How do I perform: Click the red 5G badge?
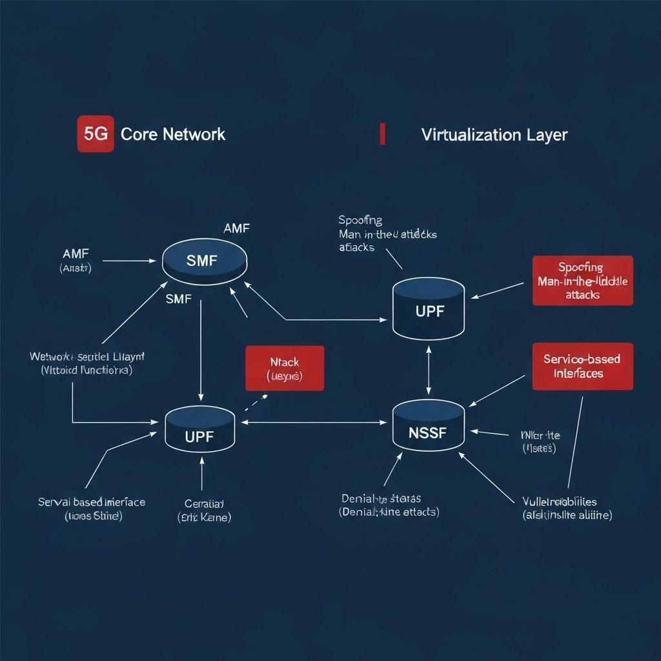pyautogui.click(x=96, y=134)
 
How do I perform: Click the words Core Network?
pyautogui.click(x=173, y=134)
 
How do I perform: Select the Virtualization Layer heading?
pyautogui.click(x=494, y=135)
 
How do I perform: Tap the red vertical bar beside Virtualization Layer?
pyautogui.click(x=383, y=134)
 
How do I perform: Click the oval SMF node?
pyautogui.click(x=205, y=261)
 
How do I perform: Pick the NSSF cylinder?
pyautogui.click(x=429, y=426)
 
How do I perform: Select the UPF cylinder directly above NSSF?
pyautogui.click(x=429, y=309)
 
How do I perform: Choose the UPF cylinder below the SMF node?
pyautogui.click(x=199, y=429)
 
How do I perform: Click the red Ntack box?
pyautogui.click(x=285, y=369)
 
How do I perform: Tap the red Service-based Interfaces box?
pyautogui.click(x=582, y=366)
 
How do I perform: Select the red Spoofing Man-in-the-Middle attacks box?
pyautogui.click(x=582, y=280)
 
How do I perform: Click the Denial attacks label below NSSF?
pyautogui.click(x=389, y=505)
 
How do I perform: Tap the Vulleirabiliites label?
pyautogui.click(x=568, y=507)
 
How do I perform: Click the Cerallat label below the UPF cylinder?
pyautogui.click(x=204, y=510)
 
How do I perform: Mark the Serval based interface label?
pyautogui.click(x=92, y=509)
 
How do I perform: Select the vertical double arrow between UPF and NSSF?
pyautogui.click(x=429, y=370)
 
